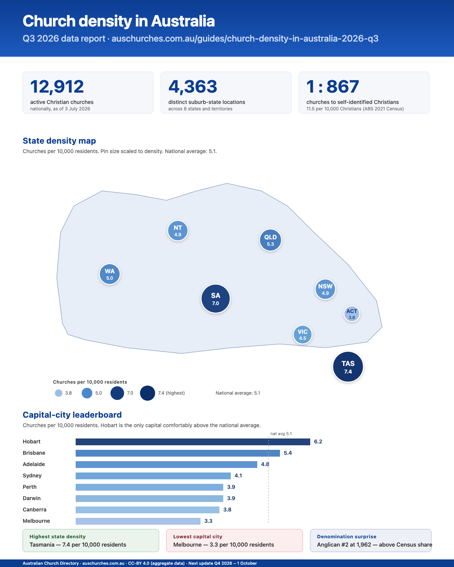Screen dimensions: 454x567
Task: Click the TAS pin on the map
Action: pyautogui.click(x=348, y=367)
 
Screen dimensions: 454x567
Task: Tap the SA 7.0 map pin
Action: pyautogui.click(x=216, y=299)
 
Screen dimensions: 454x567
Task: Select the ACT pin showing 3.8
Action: pyautogui.click(x=351, y=314)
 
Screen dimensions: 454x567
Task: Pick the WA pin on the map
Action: pyautogui.click(x=110, y=274)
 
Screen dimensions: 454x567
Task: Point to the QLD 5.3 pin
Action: pyautogui.click(x=271, y=240)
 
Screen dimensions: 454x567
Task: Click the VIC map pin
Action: pyautogui.click(x=303, y=335)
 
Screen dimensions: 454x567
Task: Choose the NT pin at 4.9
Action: pyautogui.click(x=178, y=231)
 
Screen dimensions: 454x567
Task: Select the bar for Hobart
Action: pyautogui.click(x=193, y=442)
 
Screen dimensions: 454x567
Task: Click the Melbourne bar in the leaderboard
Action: pyautogui.click(x=138, y=521)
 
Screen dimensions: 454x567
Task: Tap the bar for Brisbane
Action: pyautogui.click(x=178, y=453)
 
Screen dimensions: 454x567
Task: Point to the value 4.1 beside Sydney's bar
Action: pyautogui.click(x=238, y=476)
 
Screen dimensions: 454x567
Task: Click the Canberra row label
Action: pyautogui.click(x=34, y=510)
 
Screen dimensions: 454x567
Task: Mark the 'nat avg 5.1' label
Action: pyautogui.click(x=281, y=434)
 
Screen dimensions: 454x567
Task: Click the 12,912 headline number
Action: pyautogui.click(x=57, y=87)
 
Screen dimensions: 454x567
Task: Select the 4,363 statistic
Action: pyautogui.click(x=193, y=87)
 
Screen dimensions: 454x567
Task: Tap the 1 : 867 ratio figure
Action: pyautogui.click(x=333, y=87)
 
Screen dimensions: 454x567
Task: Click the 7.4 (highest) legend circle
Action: pyautogui.click(x=148, y=393)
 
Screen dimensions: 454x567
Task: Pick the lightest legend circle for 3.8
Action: pyautogui.click(x=59, y=393)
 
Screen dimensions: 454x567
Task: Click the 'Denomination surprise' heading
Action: pyautogui.click(x=347, y=536)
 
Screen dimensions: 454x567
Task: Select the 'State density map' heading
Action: pyautogui.click(x=59, y=141)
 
